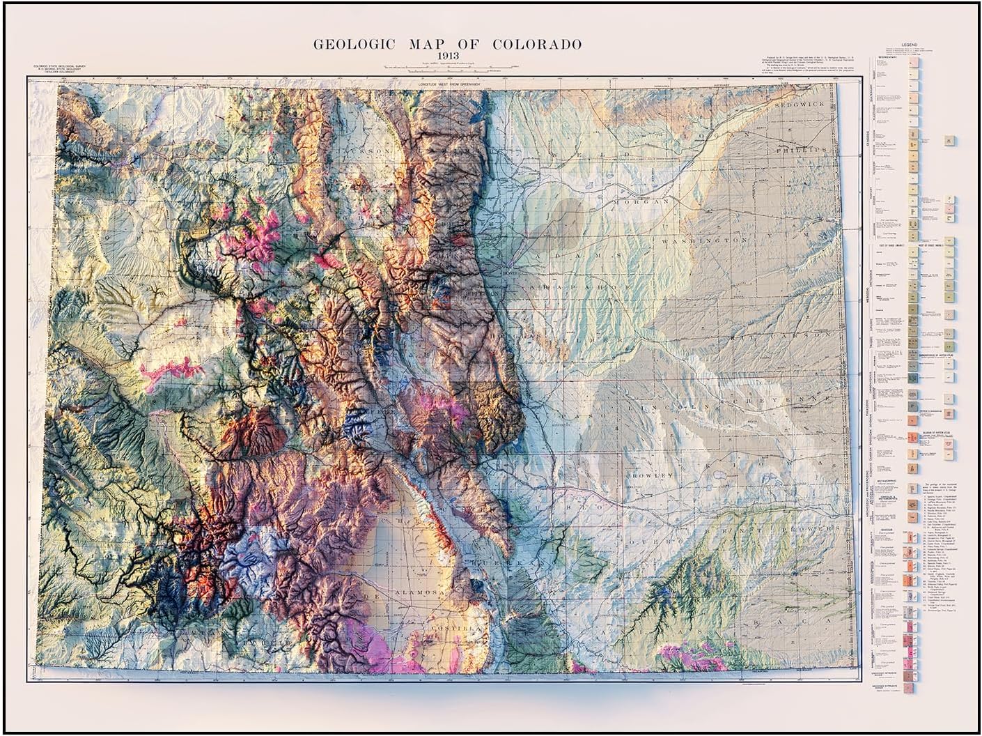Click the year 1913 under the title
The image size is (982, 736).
447,56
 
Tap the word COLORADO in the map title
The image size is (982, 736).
537,44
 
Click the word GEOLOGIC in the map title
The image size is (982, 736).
354,44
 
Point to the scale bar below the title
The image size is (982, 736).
447,69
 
